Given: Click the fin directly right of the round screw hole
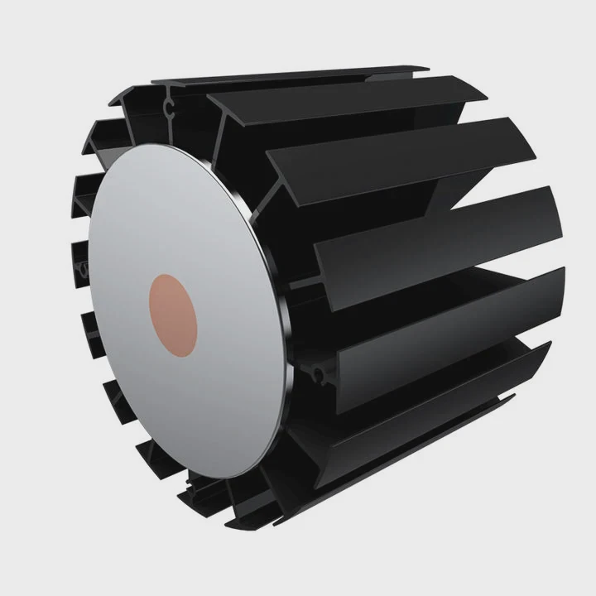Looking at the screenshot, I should click(x=430, y=364).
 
